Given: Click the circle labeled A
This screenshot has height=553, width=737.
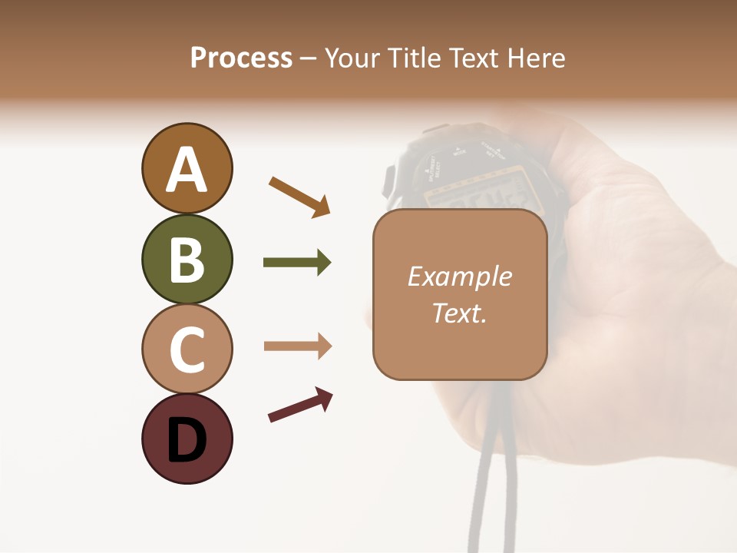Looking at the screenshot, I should tap(187, 168).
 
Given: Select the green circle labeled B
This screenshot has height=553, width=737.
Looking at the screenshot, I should tap(187, 259).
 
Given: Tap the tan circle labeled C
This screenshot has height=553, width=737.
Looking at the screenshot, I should tap(187, 349).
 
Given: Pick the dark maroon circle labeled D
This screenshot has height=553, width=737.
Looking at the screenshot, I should tap(187, 439).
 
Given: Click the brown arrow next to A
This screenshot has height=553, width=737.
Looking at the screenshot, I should tap(299, 196).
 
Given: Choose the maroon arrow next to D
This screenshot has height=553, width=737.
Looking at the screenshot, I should tap(300, 405).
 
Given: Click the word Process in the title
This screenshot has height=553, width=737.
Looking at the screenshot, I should tap(241, 58).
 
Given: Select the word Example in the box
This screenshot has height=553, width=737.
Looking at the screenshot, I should tap(459, 276).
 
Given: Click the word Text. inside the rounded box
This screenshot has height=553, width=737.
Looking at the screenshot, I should tap(459, 313).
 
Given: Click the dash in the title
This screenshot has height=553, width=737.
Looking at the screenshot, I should tap(308, 59).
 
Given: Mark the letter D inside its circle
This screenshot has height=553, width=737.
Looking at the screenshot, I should tap(187, 441).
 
